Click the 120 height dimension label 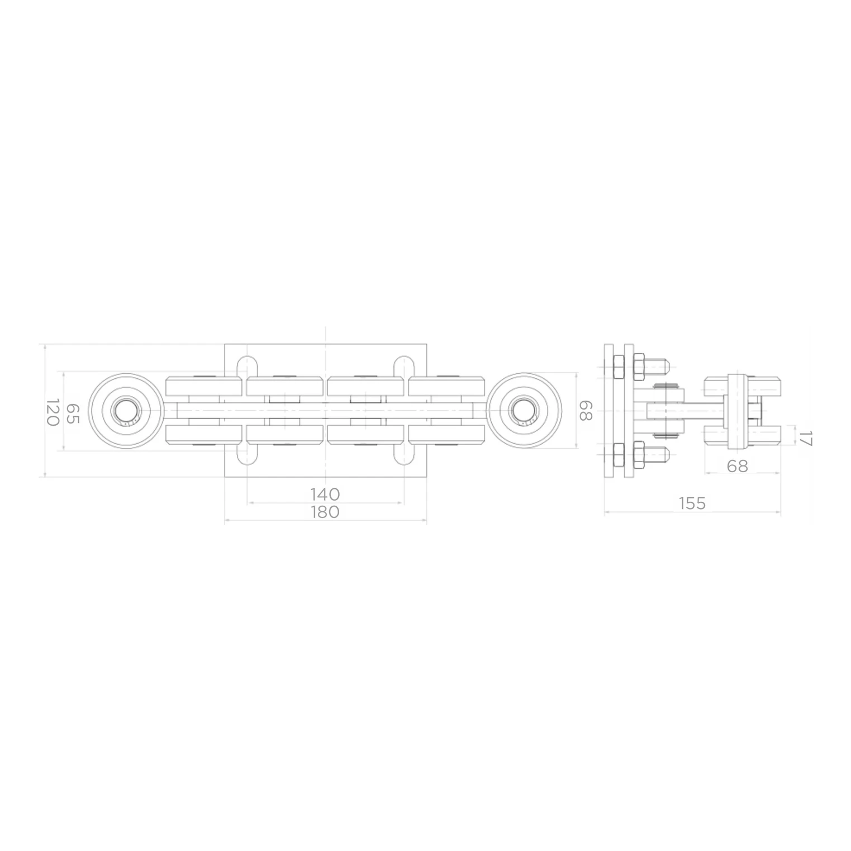coord(52,412)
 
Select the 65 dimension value coord(73,413)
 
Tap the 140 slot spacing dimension coord(325,494)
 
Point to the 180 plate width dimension coord(325,511)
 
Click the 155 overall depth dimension coord(692,503)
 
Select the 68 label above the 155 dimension coord(738,466)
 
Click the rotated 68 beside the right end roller coord(585,411)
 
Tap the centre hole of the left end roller coord(126,411)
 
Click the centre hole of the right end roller coord(524,411)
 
